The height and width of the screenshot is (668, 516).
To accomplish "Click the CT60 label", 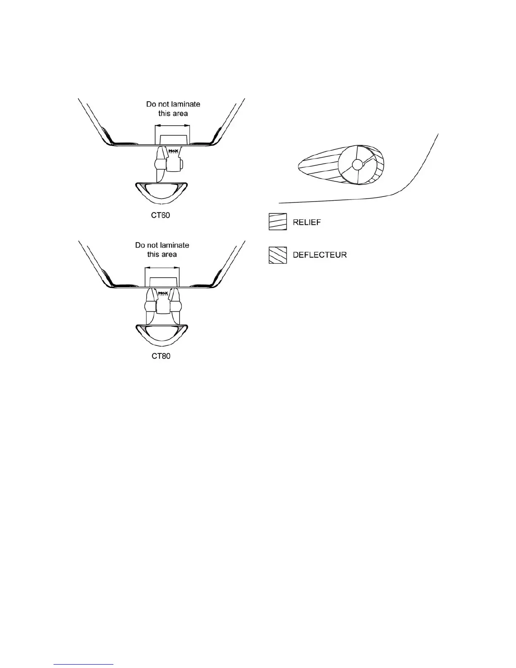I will [161, 215].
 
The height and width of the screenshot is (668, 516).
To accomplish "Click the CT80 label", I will [161, 356].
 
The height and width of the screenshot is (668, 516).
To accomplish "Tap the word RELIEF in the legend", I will [306, 222].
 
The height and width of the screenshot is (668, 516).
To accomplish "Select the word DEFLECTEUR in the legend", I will [320, 255].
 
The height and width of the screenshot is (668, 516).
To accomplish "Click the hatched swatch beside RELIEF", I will [278, 222].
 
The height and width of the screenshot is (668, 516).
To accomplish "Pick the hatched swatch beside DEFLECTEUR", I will [278, 255].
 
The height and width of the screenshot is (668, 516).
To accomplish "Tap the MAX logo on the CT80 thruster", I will [162, 292].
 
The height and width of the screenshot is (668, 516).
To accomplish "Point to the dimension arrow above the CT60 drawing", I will [172, 125].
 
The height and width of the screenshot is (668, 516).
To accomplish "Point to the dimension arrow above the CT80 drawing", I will [162, 267].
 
